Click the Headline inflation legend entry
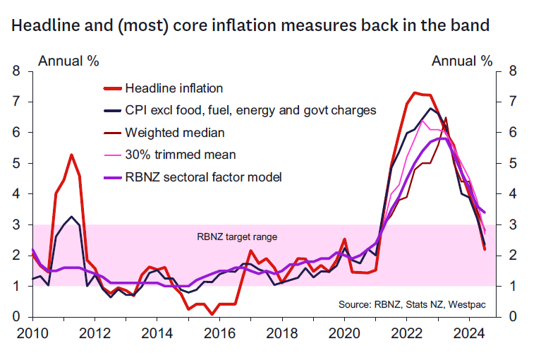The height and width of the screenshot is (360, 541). (174, 88)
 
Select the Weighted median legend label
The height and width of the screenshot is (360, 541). (175, 132)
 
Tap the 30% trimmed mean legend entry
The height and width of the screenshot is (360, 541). (180, 154)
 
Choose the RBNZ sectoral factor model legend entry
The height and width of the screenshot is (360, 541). (203, 176)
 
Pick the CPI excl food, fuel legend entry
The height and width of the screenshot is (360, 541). (250, 110)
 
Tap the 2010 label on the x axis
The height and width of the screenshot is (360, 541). (32, 332)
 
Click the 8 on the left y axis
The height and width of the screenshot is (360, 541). (16, 71)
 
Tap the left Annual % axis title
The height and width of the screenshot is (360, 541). (68, 60)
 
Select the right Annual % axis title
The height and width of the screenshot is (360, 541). (462, 60)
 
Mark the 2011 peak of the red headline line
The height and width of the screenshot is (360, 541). (71, 155)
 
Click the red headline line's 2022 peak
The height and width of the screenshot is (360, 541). (415, 92)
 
